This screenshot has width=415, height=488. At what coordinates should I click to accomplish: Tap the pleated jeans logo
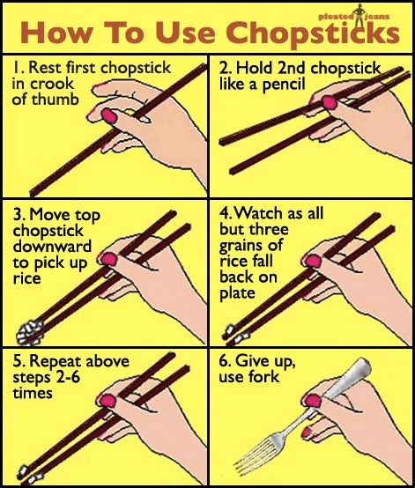[354, 15]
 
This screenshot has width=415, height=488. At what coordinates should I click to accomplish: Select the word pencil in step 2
[284, 85]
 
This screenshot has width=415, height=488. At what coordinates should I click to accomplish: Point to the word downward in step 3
[52, 246]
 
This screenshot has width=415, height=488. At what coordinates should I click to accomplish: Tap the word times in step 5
[33, 393]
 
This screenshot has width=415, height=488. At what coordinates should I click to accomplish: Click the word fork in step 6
[264, 377]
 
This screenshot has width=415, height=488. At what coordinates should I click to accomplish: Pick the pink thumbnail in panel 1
[109, 115]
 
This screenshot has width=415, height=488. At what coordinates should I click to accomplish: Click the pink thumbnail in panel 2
[330, 102]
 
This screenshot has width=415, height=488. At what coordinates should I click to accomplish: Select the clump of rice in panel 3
[29, 332]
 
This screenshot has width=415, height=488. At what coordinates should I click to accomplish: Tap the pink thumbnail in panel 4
[313, 261]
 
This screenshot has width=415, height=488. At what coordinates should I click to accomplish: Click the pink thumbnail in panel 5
[107, 401]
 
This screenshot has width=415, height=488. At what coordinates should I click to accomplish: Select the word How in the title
[56, 33]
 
